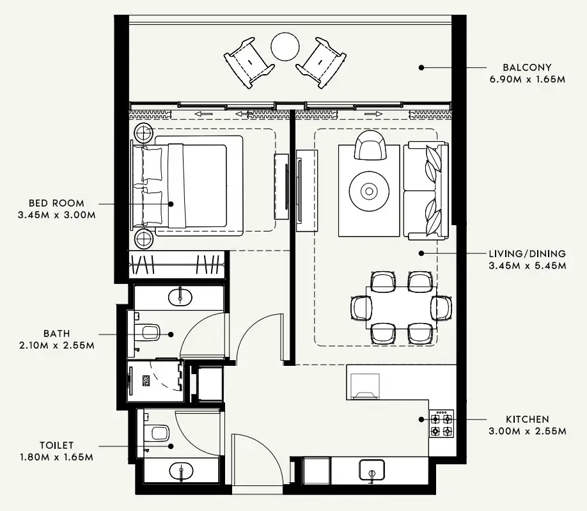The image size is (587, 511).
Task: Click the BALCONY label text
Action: tap(526, 67)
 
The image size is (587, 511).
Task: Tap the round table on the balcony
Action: tap(285, 46)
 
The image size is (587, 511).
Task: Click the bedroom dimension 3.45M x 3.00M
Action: tap(57, 215)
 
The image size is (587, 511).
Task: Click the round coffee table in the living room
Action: tap(369, 191)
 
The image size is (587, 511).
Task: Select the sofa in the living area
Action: tap(426, 190)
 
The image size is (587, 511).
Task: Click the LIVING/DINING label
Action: tap(526, 253)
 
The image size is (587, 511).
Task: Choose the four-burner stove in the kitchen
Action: tap(441, 425)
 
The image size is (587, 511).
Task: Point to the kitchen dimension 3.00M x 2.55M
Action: tap(527, 431)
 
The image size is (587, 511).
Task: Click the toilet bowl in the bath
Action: tap(150, 331)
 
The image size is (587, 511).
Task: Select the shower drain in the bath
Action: tap(146, 380)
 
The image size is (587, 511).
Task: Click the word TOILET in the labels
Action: tap(56, 445)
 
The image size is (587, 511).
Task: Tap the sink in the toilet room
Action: tap(180, 472)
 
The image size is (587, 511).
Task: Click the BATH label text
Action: tap(57, 333)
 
